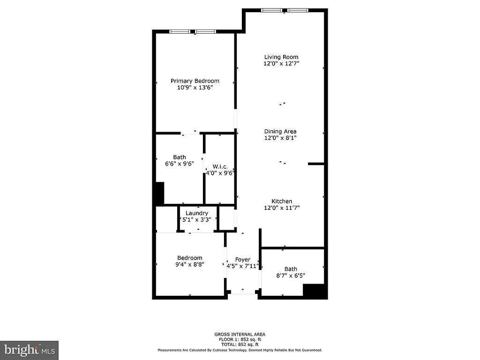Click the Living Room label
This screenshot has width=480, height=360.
click(x=281, y=57)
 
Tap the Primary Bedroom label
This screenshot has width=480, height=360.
click(x=195, y=81)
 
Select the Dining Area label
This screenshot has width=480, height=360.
click(x=280, y=132)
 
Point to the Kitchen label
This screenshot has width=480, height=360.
click(x=281, y=202)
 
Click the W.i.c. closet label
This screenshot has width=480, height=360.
click(x=220, y=166)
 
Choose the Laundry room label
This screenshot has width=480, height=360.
click(x=197, y=213)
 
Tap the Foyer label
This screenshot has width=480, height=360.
click(x=243, y=260)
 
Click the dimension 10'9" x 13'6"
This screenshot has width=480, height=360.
click(x=195, y=88)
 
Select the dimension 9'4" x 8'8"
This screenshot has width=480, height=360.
click(x=190, y=264)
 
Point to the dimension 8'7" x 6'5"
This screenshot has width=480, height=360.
click(x=291, y=276)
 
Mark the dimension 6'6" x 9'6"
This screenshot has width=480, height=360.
click(x=179, y=164)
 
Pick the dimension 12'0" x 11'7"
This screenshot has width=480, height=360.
click(x=281, y=208)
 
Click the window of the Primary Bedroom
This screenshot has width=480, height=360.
click(x=193, y=31)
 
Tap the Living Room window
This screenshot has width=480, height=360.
click(x=285, y=10)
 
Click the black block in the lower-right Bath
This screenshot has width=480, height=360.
click(x=314, y=290)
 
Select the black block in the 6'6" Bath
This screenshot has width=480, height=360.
click(x=159, y=193)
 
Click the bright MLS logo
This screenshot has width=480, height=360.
click(x=29, y=350)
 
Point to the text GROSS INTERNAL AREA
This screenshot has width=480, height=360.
click(x=240, y=334)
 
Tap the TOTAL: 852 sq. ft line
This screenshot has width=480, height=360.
click(x=240, y=345)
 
